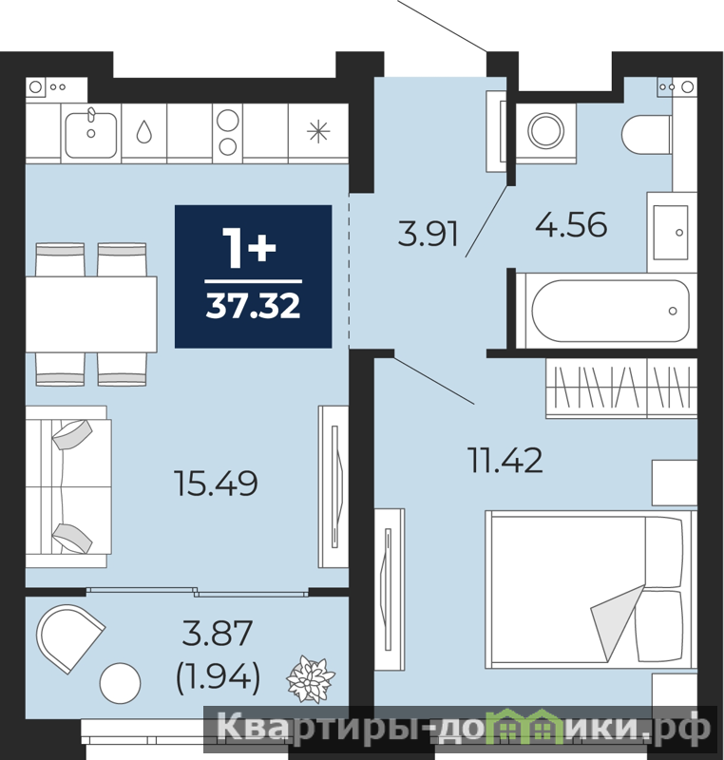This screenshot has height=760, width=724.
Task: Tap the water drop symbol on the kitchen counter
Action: pos(143,131)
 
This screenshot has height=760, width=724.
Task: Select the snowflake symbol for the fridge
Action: pos(318,131)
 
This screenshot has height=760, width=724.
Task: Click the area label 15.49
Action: pos(216,484)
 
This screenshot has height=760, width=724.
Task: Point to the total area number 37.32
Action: pos(253,306)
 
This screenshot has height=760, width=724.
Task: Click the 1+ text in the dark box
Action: pos(249,248)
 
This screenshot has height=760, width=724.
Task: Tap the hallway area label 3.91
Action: pos(429,234)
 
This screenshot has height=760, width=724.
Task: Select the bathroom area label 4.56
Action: pos(571,224)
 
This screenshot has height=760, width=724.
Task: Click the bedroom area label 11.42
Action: pos(505,460)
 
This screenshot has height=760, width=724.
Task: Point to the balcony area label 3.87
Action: pos(217,633)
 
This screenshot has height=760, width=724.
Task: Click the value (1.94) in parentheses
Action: pos(218,676)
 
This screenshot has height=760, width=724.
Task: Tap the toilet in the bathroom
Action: pos(646,133)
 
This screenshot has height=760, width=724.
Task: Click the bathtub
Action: pos(607,311)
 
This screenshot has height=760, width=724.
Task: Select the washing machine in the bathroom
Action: pos(546,131)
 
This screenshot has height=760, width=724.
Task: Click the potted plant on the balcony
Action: pos(311,678)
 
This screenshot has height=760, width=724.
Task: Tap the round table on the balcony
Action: pos(120,683)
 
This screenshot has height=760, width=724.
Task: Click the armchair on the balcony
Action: pos(70,637)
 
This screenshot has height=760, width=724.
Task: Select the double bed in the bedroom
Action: pos(591,587)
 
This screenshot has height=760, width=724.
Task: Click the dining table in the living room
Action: pos(91,314)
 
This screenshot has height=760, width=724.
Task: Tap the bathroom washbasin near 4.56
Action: pos(671,232)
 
